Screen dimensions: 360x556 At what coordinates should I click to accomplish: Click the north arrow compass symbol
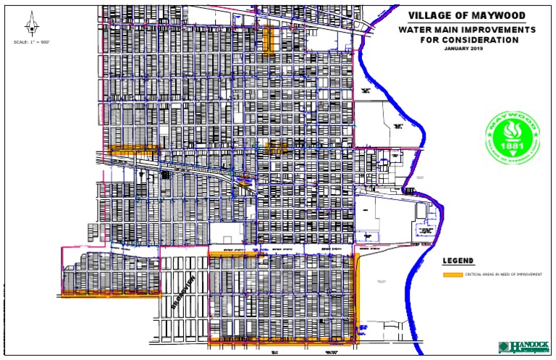click(30, 27)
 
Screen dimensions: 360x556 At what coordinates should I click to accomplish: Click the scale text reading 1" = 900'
click(31, 43)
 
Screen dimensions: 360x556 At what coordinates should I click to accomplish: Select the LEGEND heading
click(458, 261)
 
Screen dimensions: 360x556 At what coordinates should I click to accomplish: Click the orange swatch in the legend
click(452, 275)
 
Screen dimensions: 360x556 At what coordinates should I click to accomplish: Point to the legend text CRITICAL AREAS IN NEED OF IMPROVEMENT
click(502, 275)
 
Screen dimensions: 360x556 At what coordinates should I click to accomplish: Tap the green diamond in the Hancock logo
click(504, 347)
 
